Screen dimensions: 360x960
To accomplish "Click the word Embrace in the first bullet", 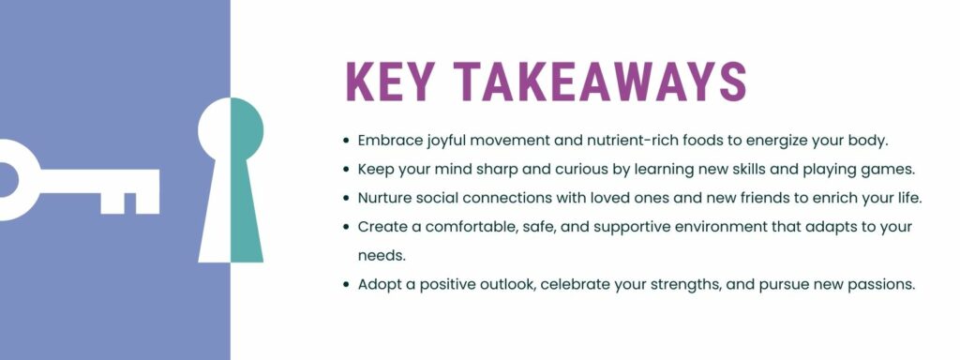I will pos(388,141).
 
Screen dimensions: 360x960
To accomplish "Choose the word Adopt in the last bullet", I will pos(378,284).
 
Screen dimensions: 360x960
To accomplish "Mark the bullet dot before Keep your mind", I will pos(347,170).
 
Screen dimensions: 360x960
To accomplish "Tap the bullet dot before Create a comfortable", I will pos(347,227).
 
